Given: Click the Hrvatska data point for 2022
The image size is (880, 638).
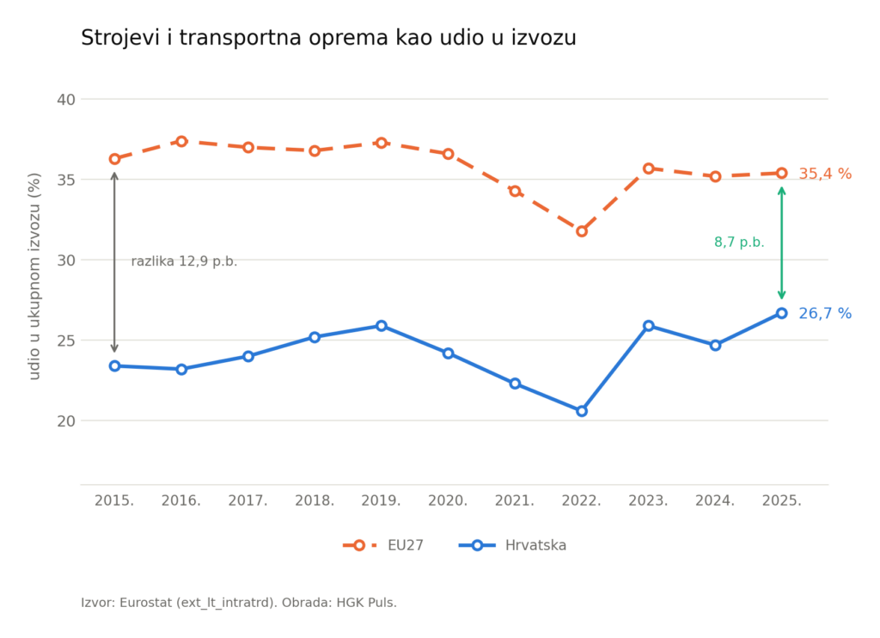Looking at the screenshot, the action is coord(582,411).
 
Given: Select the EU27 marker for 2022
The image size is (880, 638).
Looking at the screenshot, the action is coord(582,231).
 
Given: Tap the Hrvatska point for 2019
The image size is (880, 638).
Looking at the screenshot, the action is coord(381,326).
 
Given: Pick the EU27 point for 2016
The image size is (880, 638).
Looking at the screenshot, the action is coord(181,142).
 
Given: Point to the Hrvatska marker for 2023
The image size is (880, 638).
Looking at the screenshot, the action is coord(648,326).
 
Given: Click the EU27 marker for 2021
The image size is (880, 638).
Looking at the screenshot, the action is coord(515,191).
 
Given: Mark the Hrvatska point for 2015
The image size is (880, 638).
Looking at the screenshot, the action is coord(114,366).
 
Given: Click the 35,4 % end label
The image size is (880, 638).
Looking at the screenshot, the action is coord(825,174).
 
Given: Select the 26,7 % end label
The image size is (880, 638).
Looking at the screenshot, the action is coord(825,313).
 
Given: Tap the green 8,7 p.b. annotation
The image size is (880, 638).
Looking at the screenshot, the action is coord(739,242).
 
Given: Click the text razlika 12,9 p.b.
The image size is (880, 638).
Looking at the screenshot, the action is coord(184,261).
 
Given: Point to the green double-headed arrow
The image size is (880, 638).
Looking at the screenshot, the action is coord(781,243).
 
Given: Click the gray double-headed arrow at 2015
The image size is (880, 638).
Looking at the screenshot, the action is coord(114,262).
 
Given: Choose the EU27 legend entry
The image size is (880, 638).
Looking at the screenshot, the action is coord(383,545).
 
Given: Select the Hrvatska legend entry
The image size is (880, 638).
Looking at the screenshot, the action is coord(512,545).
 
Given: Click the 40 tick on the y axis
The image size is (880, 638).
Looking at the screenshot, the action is coord(65,100).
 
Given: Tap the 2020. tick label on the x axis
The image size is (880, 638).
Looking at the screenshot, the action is coord(448,500).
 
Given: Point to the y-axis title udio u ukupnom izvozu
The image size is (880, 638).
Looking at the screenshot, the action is coord(34,276).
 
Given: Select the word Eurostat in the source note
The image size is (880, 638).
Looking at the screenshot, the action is coord(146,603).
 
